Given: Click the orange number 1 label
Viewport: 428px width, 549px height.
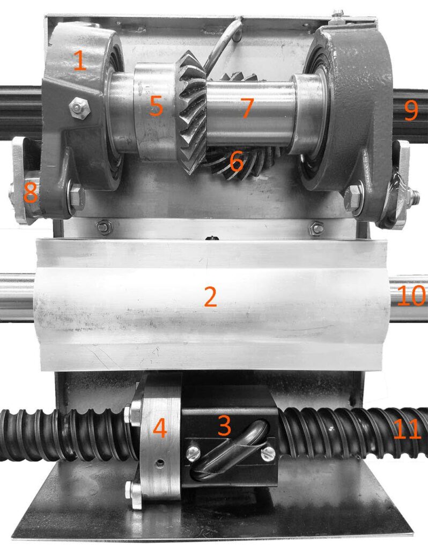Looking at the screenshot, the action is point(80,60).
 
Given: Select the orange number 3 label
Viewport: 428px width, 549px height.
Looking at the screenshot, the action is point(224,425).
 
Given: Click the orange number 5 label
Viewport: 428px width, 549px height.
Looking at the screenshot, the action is point(156,106).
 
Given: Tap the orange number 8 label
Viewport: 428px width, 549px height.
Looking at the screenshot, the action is point(31,192).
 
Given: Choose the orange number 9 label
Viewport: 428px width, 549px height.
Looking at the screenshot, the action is point(411,110).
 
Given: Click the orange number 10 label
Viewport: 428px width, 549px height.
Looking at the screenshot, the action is point(412,295).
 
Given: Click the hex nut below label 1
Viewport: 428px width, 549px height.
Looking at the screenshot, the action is point(79,108).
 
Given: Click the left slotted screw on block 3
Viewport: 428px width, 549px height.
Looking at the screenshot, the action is point(194,454).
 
